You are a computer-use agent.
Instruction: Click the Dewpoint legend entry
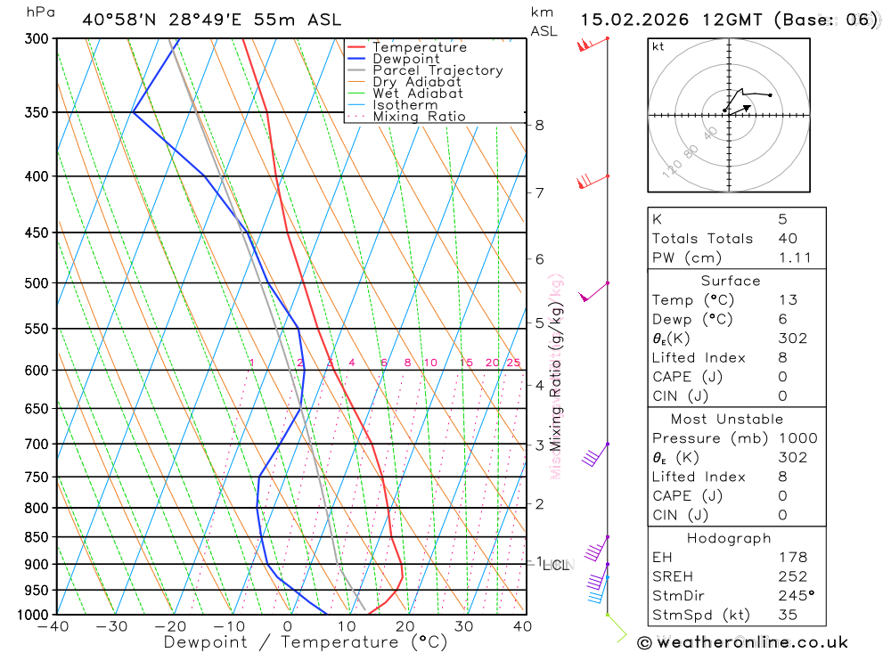(405, 59)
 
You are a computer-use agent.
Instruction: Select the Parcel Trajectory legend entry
(437, 70)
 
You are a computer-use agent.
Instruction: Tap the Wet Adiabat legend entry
(417, 94)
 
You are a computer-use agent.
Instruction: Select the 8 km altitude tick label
(539, 126)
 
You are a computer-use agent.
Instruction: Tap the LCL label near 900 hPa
(555, 565)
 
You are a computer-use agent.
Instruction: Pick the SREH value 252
(792, 576)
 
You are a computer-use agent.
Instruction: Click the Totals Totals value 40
(787, 238)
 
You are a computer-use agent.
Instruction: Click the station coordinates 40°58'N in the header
(115, 20)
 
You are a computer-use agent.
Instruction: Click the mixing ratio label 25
(513, 363)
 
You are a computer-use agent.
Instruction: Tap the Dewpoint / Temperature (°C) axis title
(306, 642)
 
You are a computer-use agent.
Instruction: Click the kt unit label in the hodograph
(658, 46)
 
